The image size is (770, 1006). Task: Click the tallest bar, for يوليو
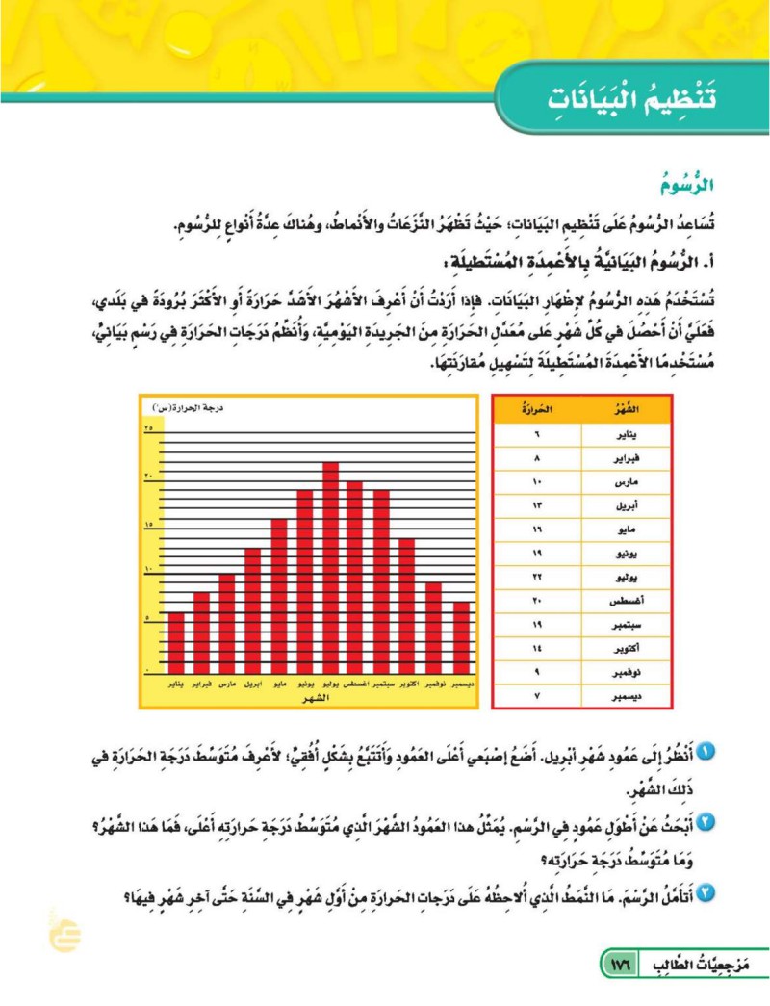coord(330,568)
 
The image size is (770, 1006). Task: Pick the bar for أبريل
coord(253,610)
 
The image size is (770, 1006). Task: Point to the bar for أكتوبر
coord(407,606)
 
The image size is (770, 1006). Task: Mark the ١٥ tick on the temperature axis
coord(149,525)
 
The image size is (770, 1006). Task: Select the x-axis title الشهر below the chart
coord(314,697)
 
